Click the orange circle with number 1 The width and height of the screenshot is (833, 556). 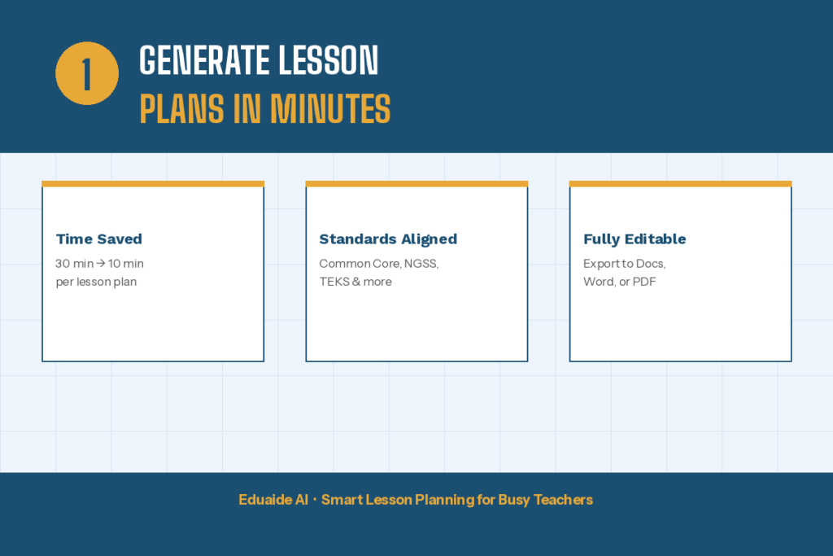coord(87,74)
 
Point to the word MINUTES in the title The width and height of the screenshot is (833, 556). coord(329,109)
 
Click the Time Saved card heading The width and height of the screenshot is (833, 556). coord(98,239)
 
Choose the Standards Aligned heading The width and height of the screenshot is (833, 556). coord(388,239)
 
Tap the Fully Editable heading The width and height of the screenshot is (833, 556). coord(635,239)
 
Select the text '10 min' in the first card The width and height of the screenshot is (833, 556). coord(126,264)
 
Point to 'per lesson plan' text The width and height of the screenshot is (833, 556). coord(96,282)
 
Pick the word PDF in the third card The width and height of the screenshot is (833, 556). coord(644,282)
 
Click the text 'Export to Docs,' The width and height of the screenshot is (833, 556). coord(624,264)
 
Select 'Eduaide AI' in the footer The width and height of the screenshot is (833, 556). coord(273,500)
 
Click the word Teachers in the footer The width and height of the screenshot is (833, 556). coord(563,500)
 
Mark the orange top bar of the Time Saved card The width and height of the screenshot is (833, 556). coord(153,184)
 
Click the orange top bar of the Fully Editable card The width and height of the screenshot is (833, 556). coord(680,184)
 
